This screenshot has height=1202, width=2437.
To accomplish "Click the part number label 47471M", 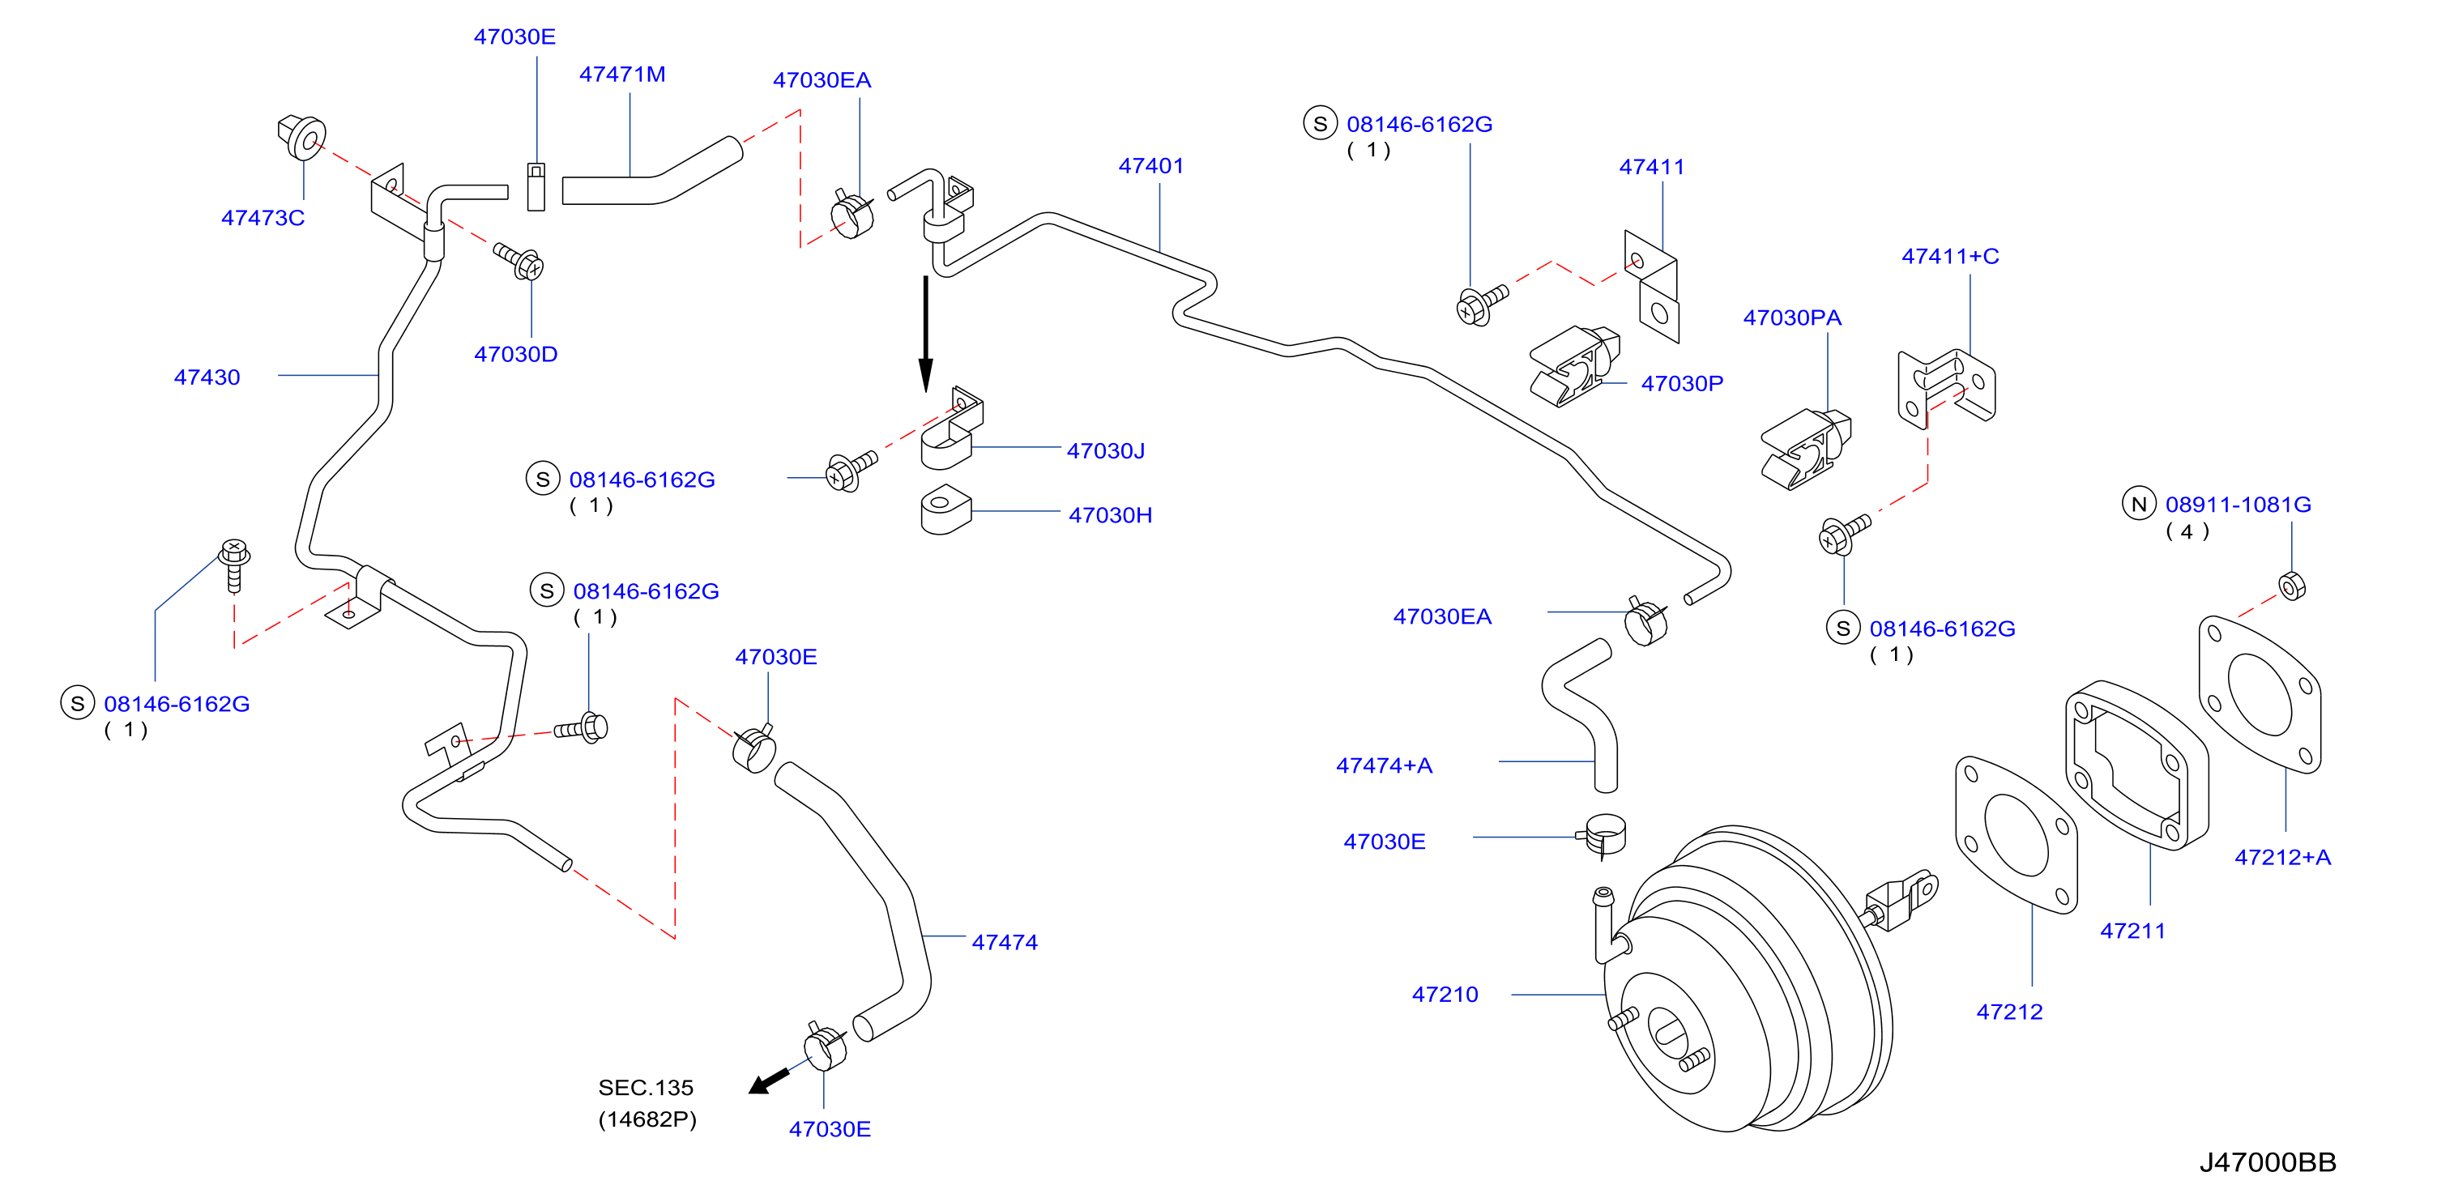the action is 621,74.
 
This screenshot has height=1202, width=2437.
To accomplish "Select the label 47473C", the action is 263,218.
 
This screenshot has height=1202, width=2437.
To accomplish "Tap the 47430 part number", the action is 207,377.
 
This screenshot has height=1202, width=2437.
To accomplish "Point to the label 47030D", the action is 515,355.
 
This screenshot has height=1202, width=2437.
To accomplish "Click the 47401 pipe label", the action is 1151,165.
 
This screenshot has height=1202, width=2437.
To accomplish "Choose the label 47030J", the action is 1106,451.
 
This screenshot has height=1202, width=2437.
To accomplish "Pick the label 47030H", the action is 1111,515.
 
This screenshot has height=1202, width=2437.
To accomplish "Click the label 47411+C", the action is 1951,256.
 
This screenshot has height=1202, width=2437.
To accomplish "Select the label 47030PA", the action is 1793,318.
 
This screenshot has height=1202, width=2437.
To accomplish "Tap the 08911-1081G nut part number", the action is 2239,505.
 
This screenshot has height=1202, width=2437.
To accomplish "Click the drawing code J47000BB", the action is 2268,1162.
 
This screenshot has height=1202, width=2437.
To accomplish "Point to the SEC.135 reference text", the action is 647,1088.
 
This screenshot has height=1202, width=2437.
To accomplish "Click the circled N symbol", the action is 2139,504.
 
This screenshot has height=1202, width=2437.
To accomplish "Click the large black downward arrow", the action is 926,334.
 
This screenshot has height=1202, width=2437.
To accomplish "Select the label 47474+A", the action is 1384,766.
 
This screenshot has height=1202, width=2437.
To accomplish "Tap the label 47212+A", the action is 2283,858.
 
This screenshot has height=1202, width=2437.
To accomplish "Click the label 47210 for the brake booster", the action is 1445,995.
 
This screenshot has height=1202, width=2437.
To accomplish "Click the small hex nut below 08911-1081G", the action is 2292,586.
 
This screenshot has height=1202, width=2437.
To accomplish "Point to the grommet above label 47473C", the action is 301,138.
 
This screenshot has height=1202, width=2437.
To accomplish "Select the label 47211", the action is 2133,931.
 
